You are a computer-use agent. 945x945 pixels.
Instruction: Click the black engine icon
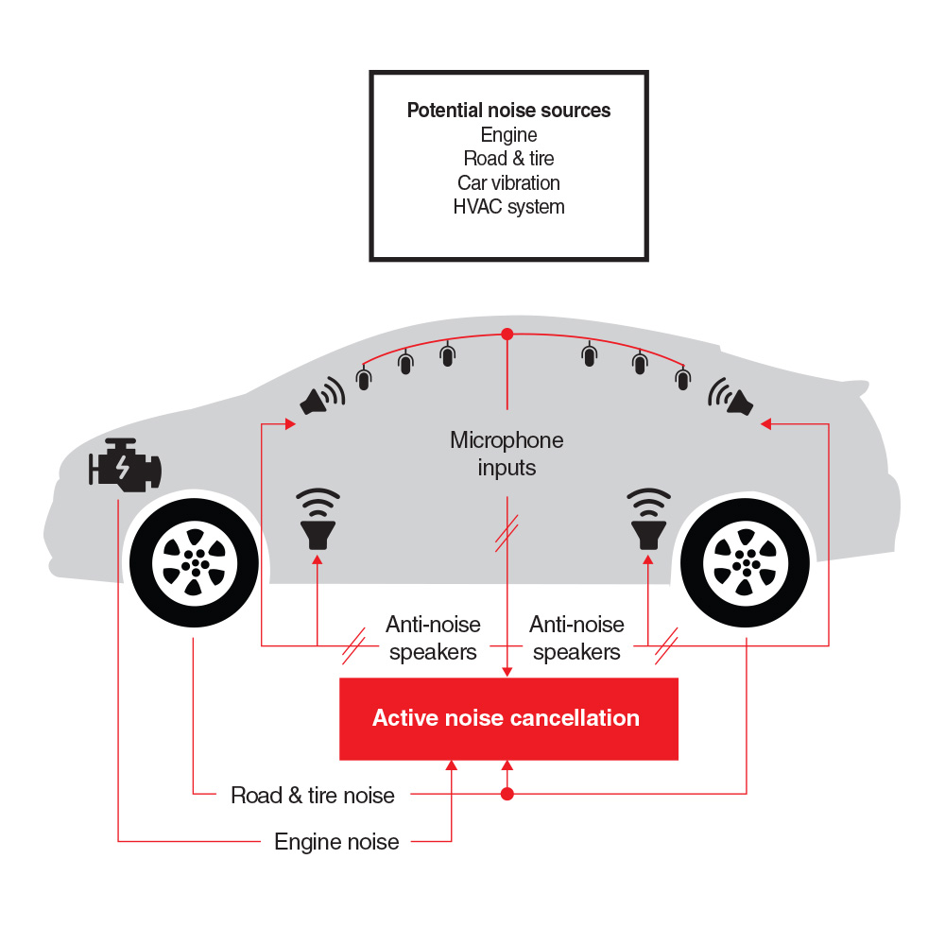[x=126, y=465]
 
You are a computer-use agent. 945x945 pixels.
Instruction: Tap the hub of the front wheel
[x=195, y=563]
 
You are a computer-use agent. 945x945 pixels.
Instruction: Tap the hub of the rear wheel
[x=747, y=563]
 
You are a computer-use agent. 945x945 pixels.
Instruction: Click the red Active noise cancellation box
[x=508, y=718]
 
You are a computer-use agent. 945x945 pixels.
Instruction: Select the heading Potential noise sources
[x=508, y=111]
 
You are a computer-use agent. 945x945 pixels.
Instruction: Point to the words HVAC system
[x=508, y=207]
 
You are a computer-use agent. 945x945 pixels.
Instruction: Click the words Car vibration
[x=508, y=182]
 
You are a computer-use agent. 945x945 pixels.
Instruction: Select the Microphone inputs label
[x=507, y=454]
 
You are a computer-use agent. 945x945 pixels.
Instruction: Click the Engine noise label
[x=336, y=842]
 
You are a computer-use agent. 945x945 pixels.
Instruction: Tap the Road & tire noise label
[x=313, y=796]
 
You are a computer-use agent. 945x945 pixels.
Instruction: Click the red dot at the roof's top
[x=507, y=334]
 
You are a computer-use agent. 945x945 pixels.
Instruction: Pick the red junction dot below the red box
[x=507, y=794]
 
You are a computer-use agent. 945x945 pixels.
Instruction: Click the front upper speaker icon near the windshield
[x=322, y=397]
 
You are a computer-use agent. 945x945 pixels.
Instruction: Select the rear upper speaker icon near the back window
[x=730, y=397]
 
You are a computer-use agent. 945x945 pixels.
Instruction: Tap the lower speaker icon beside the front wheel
[x=318, y=519]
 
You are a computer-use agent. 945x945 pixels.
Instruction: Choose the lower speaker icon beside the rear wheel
[x=648, y=519]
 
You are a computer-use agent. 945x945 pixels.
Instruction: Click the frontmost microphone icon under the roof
[x=364, y=379]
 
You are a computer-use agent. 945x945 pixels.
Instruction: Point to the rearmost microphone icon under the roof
[x=683, y=379]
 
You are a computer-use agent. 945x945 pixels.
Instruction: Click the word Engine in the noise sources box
[x=508, y=135]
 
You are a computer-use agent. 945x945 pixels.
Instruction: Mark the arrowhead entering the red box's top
[x=507, y=671]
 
